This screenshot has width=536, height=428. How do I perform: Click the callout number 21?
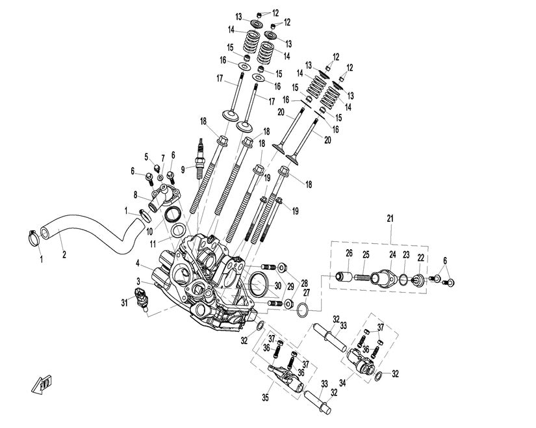tap(390, 219)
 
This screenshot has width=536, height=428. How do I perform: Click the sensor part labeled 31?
tap(144, 299)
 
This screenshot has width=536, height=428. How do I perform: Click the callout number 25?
tap(366, 254)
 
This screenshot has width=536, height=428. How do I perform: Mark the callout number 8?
tap(136, 194)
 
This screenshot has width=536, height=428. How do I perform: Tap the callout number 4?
tap(138, 263)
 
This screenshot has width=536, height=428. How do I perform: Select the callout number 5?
tap(146, 156)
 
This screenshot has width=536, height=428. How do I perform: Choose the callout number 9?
tap(184, 170)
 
